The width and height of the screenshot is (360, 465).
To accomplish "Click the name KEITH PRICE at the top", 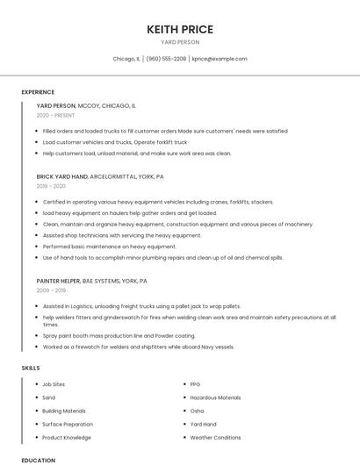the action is pos(180,29).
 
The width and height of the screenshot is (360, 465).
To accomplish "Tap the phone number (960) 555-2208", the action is pos(166,59).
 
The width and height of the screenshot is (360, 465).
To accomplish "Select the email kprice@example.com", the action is pos(220,59).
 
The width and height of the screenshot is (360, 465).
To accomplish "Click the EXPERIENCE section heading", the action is pos(38,92).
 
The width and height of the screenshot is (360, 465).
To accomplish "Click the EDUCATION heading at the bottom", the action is pos(38,460).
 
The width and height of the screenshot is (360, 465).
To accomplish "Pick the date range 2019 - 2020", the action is pos(51,186).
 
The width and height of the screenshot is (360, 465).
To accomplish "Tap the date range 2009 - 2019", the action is pos(51,290).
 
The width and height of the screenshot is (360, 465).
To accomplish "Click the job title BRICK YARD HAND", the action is pos(62,176).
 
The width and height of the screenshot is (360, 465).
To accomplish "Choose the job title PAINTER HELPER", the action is pos(58,281).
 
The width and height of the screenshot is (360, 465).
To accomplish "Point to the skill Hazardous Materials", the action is pos(215,397).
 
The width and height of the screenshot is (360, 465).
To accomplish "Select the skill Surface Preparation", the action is pos(67,424).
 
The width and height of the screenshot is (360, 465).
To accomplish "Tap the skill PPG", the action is pos(195,384).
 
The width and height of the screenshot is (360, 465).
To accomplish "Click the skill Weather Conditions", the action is pos(215,437).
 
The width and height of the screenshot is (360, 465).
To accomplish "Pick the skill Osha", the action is pos(197,411).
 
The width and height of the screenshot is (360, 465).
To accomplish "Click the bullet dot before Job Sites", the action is pos(36,384).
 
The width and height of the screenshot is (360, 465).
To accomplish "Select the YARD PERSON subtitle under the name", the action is pos(180,42).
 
